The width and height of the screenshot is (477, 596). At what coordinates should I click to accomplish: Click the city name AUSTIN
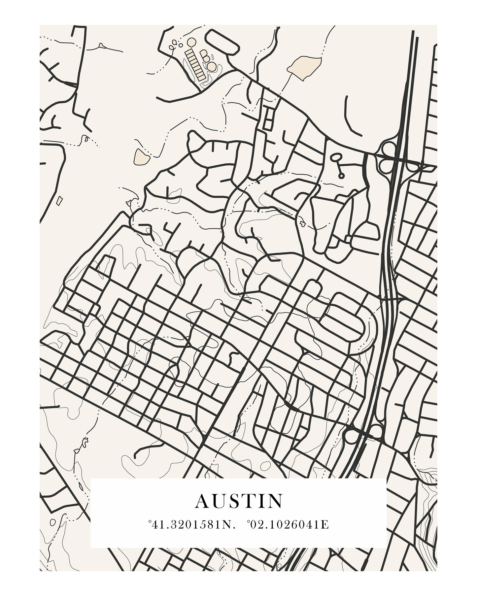click(239, 510)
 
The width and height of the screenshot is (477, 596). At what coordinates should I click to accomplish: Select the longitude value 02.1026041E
click(289, 534)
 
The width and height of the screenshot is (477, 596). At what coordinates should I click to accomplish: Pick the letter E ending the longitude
click(326, 534)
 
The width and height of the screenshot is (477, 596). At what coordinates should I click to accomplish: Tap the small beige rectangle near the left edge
click(59, 200)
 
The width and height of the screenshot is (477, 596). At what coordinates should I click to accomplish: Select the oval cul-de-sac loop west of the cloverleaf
click(336, 157)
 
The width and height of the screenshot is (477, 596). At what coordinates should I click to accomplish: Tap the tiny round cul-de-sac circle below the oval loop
click(341, 176)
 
